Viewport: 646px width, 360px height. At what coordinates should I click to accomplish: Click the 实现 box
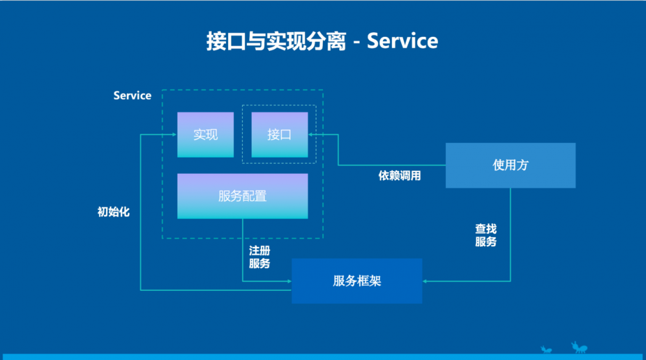[205, 134]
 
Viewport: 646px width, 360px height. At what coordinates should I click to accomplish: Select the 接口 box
[279, 134]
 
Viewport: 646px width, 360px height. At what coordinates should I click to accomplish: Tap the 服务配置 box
[242, 196]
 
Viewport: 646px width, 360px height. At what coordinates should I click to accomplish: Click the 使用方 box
[510, 165]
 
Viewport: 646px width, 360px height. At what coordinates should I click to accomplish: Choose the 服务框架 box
[357, 281]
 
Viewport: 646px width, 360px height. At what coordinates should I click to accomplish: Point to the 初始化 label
[113, 212]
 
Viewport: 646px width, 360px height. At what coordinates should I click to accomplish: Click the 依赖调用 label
[399, 176]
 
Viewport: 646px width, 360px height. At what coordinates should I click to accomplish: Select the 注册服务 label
[260, 257]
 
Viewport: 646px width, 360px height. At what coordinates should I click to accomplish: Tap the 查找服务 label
[486, 235]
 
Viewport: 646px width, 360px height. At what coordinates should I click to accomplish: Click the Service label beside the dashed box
[132, 96]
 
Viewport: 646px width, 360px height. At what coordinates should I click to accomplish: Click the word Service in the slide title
[402, 41]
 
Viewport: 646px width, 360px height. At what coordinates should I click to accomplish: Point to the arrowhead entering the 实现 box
[174, 134]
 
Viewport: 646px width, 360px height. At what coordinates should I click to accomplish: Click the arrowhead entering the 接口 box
[311, 134]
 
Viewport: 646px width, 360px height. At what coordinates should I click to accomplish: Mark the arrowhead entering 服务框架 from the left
[289, 281]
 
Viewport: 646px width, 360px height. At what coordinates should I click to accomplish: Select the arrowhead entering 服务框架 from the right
[425, 281]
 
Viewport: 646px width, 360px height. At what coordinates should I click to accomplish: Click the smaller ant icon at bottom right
[546, 350]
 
